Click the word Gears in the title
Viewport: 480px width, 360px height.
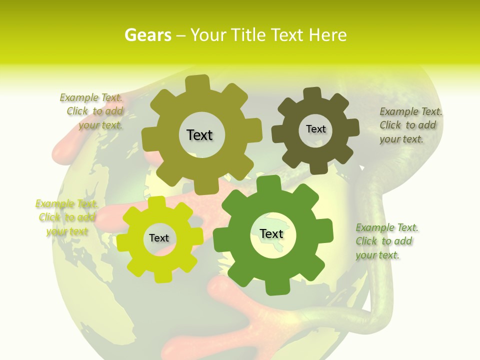pyautogui.click(x=147, y=35)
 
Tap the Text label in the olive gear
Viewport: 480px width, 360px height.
pyautogui.click(x=199, y=135)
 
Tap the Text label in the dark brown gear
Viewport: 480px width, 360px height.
pyautogui.click(x=315, y=129)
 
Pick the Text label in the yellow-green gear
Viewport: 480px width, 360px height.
pyautogui.click(x=159, y=238)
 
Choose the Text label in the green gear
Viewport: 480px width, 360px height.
pyautogui.click(x=271, y=233)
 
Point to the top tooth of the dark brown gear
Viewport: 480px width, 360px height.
pyautogui.click(x=312, y=94)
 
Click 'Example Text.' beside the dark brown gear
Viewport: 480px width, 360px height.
pyautogui.click(x=411, y=111)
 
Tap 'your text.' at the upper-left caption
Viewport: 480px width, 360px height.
pyautogui.click(x=100, y=125)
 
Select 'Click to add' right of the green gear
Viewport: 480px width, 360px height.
pyautogui.click(x=384, y=241)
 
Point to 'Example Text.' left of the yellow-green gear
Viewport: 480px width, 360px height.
pyautogui.click(x=66, y=203)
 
